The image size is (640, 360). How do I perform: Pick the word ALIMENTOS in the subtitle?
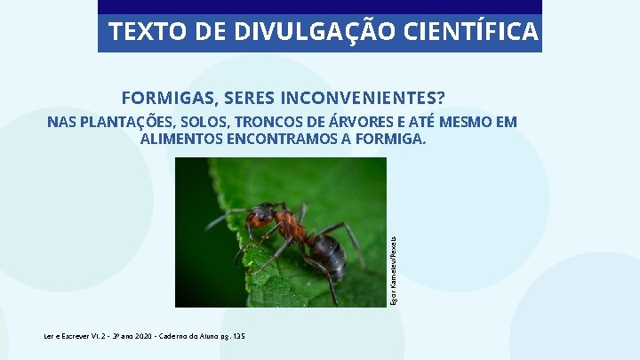point(183,140)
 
